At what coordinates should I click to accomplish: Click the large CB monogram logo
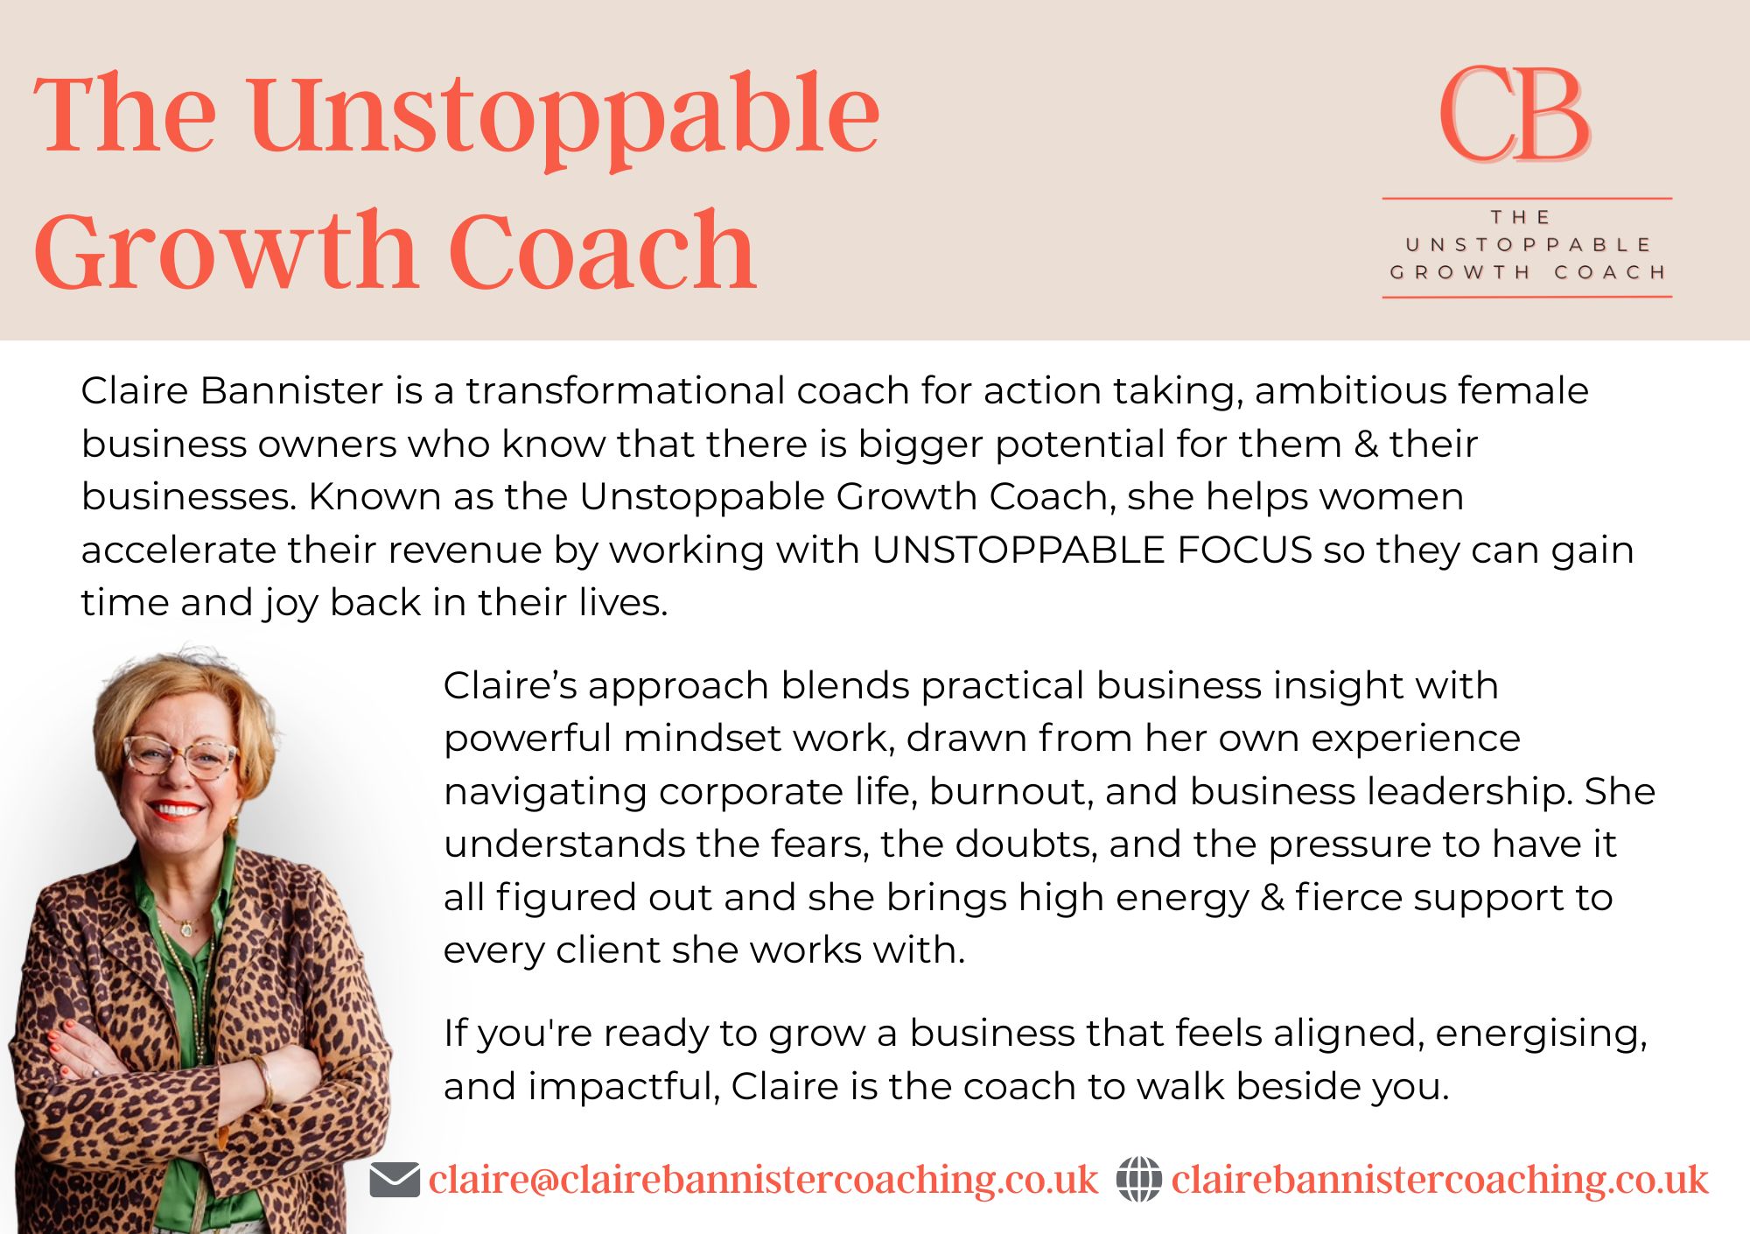pyautogui.click(x=1515, y=115)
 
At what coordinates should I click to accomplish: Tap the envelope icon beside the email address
pyautogui.click(x=395, y=1180)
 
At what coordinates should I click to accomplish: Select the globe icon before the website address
pyautogui.click(x=1139, y=1179)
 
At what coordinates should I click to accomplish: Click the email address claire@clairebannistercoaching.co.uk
pyautogui.click(x=763, y=1180)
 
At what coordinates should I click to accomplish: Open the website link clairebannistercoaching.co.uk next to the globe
pyautogui.click(x=1439, y=1180)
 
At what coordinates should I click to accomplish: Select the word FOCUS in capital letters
pyautogui.click(x=1244, y=550)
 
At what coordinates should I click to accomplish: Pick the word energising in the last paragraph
pyautogui.click(x=1541, y=1034)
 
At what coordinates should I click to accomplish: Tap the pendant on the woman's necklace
pyautogui.click(x=185, y=927)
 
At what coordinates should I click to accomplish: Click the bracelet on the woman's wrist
pyautogui.click(x=263, y=1082)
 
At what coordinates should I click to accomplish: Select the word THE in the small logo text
pyautogui.click(x=1522, y=217)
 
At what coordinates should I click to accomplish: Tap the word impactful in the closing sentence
pyautogui.click(x=625, y=1087)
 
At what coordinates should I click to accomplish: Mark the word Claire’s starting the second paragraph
pyautogui.click(x=510, y=685)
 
